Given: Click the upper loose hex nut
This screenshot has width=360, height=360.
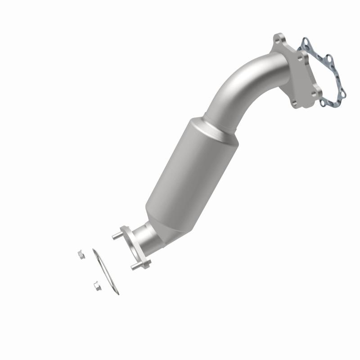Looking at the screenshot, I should [x=81, y=254].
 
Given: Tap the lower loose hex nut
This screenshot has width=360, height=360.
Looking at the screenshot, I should [x=96, y=285].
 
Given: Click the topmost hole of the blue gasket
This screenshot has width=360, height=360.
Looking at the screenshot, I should [x=306, y=44].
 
